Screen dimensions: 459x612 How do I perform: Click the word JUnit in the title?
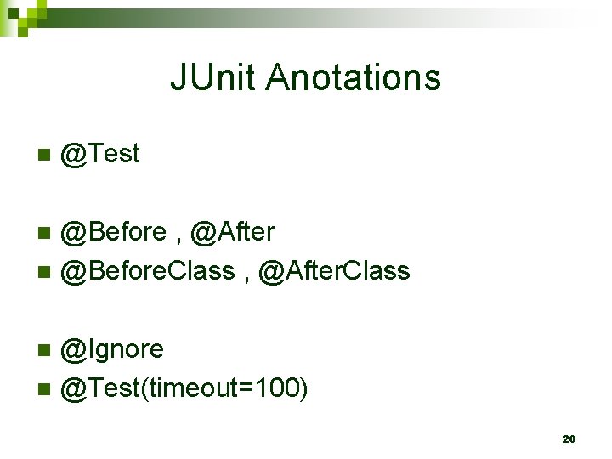click(x=213, y=77)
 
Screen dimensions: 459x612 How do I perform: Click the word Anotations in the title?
click(x=354, y=77)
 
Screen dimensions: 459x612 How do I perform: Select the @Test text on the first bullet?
click(x=101, y=154)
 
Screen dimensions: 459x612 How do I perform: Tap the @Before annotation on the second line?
click(x=115, y=231)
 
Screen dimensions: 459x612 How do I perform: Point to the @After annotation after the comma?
click(x=233, y=231)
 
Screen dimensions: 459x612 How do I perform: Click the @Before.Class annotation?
click(x=148, y=271)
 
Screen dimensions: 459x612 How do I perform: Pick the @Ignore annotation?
click(x=113, y=349)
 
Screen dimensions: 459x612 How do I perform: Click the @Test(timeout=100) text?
click(x=185, y=388)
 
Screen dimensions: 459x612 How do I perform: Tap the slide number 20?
click(x=569, y=439)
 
